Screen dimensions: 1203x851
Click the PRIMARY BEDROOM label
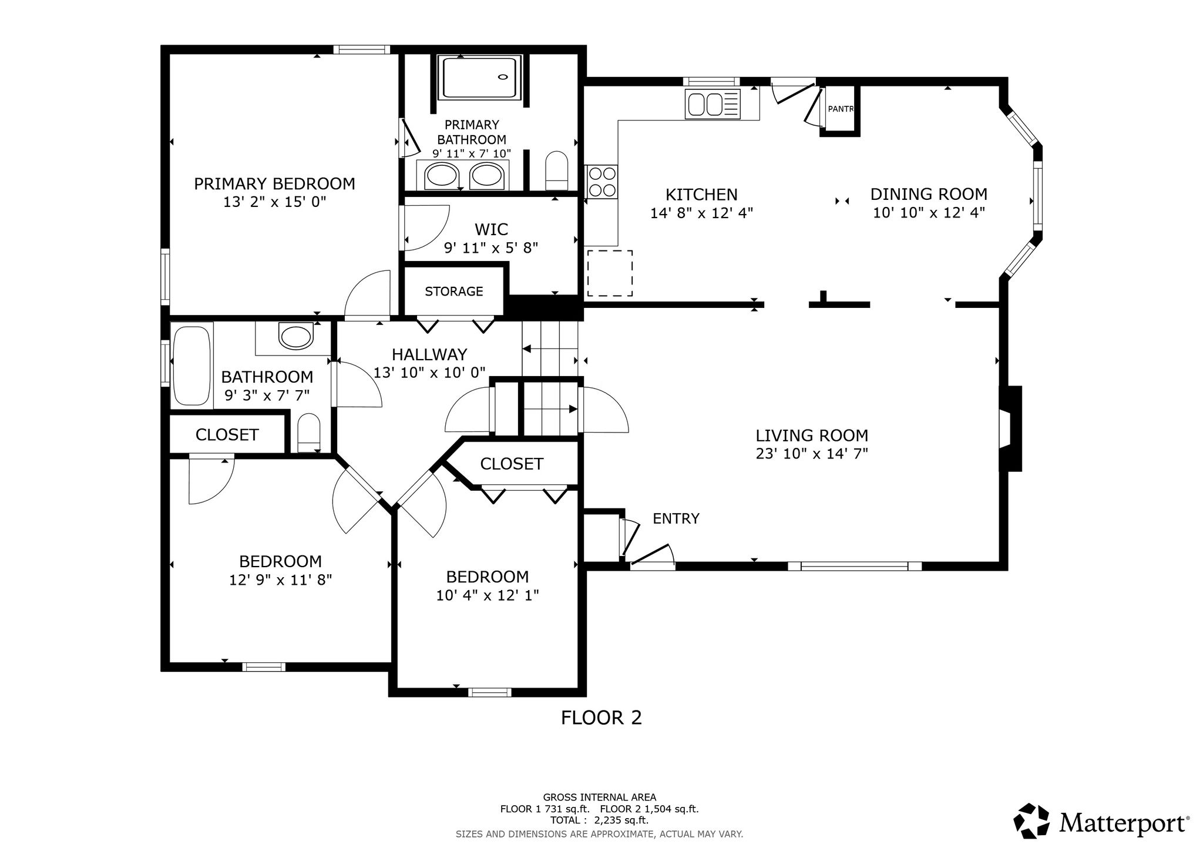(274, 184)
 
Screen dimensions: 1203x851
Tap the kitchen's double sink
(713, 105)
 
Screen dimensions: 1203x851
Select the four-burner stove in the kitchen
(602, 182)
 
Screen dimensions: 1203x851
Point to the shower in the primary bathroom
(481, 77)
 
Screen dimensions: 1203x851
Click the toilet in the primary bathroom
(557, 170)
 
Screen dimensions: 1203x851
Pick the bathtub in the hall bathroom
(191, 365)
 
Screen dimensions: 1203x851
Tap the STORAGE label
(454, 292)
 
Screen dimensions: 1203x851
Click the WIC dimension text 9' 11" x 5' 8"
(491, 248)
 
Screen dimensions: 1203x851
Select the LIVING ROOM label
(812, 435)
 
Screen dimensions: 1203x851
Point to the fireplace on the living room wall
(1010, 428)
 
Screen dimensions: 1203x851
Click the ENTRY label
(676, 518)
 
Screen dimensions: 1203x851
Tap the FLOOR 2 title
(601, 718)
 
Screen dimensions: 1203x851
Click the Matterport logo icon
(1031, 820)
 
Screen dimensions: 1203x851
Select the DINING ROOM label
(929, 194)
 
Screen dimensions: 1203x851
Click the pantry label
(840, 109)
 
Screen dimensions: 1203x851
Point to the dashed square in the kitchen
(610, 273)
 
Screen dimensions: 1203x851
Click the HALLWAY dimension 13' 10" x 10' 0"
(429, 373)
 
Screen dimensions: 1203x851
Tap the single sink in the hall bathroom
(297, 337)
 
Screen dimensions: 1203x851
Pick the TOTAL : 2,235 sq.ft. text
(599, 820)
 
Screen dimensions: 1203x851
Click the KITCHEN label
(701, 195)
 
